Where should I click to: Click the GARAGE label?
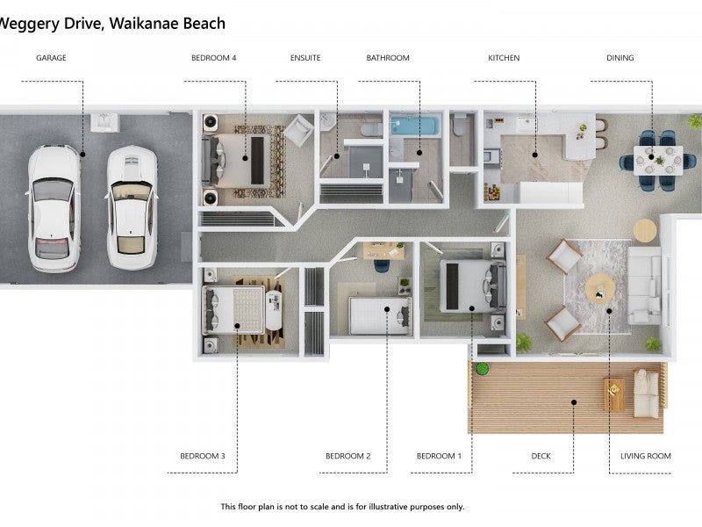coord(51,58)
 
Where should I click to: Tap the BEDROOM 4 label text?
coord(213,58)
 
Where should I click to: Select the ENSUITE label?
coord(305,58)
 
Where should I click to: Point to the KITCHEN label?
coord(504,58)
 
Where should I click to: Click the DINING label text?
coord(620,58)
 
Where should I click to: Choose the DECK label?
coord(541,456)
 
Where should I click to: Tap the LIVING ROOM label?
coord(646,456)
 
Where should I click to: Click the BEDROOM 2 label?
coord(347,456)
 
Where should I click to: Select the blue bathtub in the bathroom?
coord(414,126)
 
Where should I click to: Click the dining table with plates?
coord(658,161)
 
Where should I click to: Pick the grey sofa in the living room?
coord(645,285)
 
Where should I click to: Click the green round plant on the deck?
coord(482,369)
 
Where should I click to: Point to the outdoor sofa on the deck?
coord(647,393)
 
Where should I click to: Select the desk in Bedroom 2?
coord(383,251)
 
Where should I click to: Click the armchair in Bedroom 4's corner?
coord(298,130)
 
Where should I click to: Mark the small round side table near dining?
coord(645,231)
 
